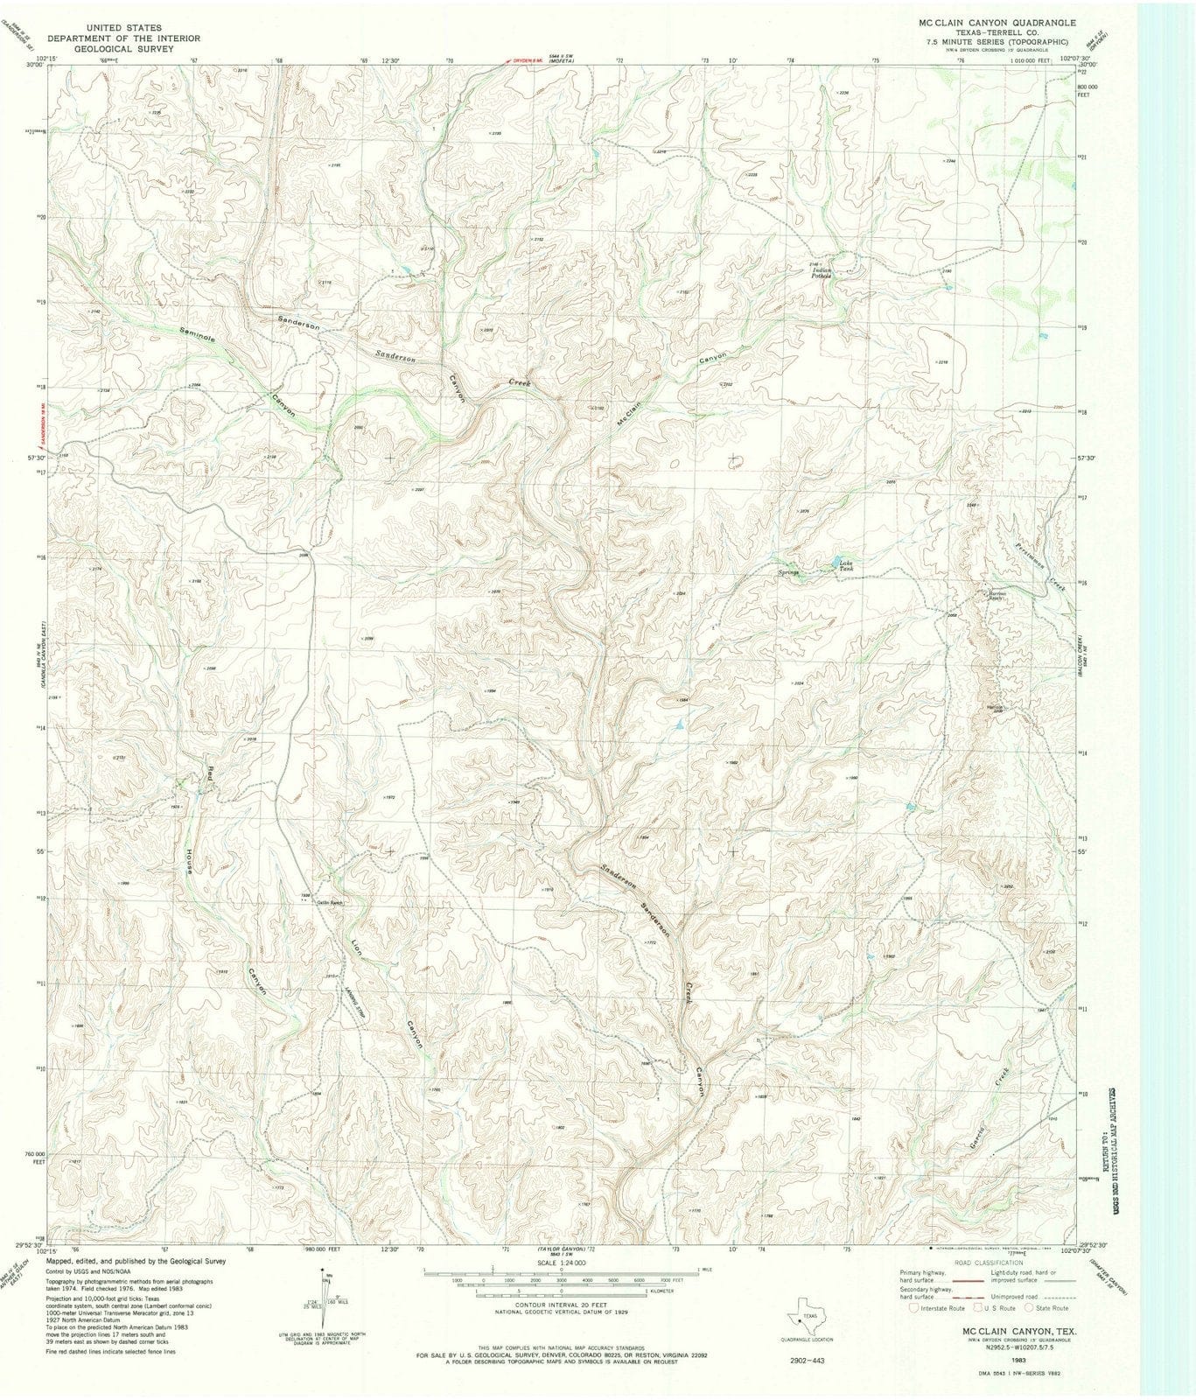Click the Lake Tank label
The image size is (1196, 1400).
[x=845, y=565]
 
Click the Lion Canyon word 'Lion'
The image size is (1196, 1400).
[x=355, y=950]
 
